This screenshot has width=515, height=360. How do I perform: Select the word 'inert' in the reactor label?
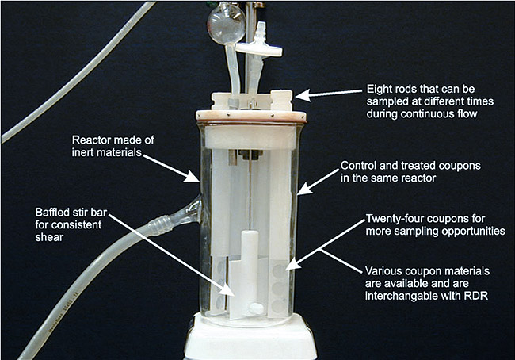pos(85,152)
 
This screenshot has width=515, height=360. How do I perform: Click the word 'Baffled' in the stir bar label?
pos(54,213)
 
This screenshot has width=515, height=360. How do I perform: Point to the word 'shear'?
pos(49,237)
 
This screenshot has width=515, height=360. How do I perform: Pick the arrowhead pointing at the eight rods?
pos(302,95)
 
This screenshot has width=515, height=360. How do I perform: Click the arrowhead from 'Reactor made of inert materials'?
pos(193,177)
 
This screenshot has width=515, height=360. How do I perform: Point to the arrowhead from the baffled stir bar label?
pos(227,290)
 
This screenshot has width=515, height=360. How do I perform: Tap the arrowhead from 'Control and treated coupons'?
pos(303,189)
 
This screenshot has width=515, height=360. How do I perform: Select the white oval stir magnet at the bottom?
pos(256,308)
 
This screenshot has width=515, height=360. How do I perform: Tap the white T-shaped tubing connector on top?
pos(259,45)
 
